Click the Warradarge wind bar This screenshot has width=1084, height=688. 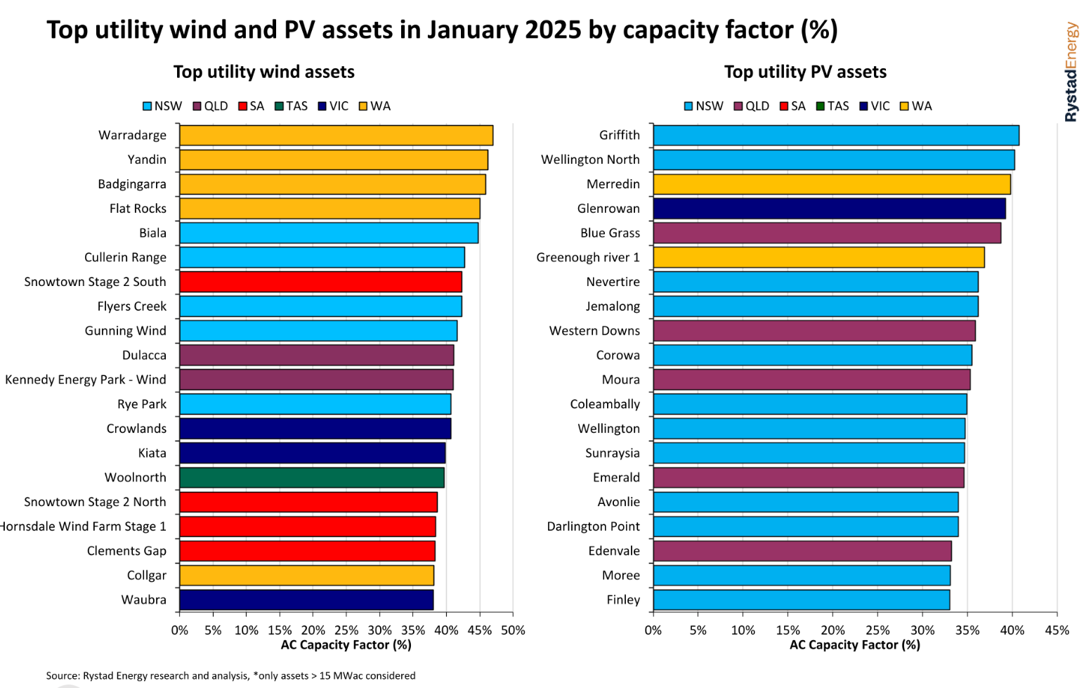pyautogui.click(x=336, y=135)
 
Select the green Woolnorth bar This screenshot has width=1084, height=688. pyautogui.click(x=311, y=478)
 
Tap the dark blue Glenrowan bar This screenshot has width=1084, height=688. pyautogui.click(x=829, y=209)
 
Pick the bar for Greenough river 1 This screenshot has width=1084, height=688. pyautogui.click(x=818, y=258)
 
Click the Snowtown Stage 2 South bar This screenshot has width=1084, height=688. pyautogui.click(x=320, y=282)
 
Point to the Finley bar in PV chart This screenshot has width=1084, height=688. pyautogui.click(x=801, y=600)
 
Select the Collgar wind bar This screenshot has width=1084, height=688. pyautogui.click(x=306, y=576)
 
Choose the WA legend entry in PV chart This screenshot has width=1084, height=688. pyautogui.click(x=916, y=106)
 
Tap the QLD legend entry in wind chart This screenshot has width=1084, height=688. pyautogui.click(x=210, y=106)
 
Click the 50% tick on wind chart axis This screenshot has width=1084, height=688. pyautogui.click(x=513, y=630)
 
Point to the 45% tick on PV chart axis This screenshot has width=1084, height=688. pyautogui.click(x=1057, y=630)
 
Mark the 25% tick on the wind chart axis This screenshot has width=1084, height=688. pyautogui.click(x=346, y=630)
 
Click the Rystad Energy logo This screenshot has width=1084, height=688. pyautogui.click(x=1071, y=72)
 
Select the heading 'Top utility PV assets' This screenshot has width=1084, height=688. pyautogui.click(x=805, y=72)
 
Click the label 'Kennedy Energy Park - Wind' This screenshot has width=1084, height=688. pyautogui.click(x=86, y=379)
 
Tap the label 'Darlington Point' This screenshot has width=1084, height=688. pyautogui.click(x=593, y=526)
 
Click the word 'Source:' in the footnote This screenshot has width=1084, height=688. pyautogui.click(x=63, y=675)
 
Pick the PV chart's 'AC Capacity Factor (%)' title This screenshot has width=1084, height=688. pyautogui.click(x=854, y=644)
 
